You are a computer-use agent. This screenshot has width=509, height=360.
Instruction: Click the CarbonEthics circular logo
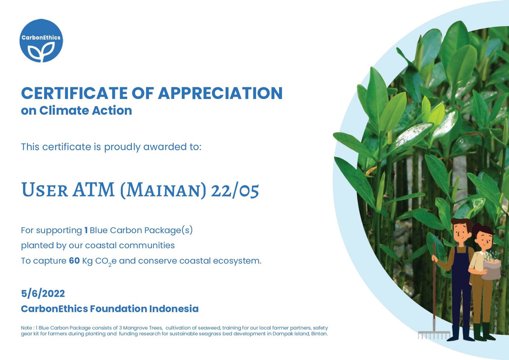click(41, 40)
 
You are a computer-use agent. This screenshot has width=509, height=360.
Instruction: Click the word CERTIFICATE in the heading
click(74, 93)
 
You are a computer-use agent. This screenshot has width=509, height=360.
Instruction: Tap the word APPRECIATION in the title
click(220, 93)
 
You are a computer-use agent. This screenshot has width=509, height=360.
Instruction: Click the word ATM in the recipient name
click(94, 189)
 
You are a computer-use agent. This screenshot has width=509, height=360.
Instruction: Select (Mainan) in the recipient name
click(163, 190)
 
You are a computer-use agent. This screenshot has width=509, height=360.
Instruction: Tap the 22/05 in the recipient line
click(235, 190)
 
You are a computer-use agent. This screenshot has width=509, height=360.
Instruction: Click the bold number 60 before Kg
click(74, 261)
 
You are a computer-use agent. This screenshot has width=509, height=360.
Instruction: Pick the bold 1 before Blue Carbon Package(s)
click(86, 230)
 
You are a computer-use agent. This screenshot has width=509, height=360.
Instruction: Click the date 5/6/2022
click(43, 293)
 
